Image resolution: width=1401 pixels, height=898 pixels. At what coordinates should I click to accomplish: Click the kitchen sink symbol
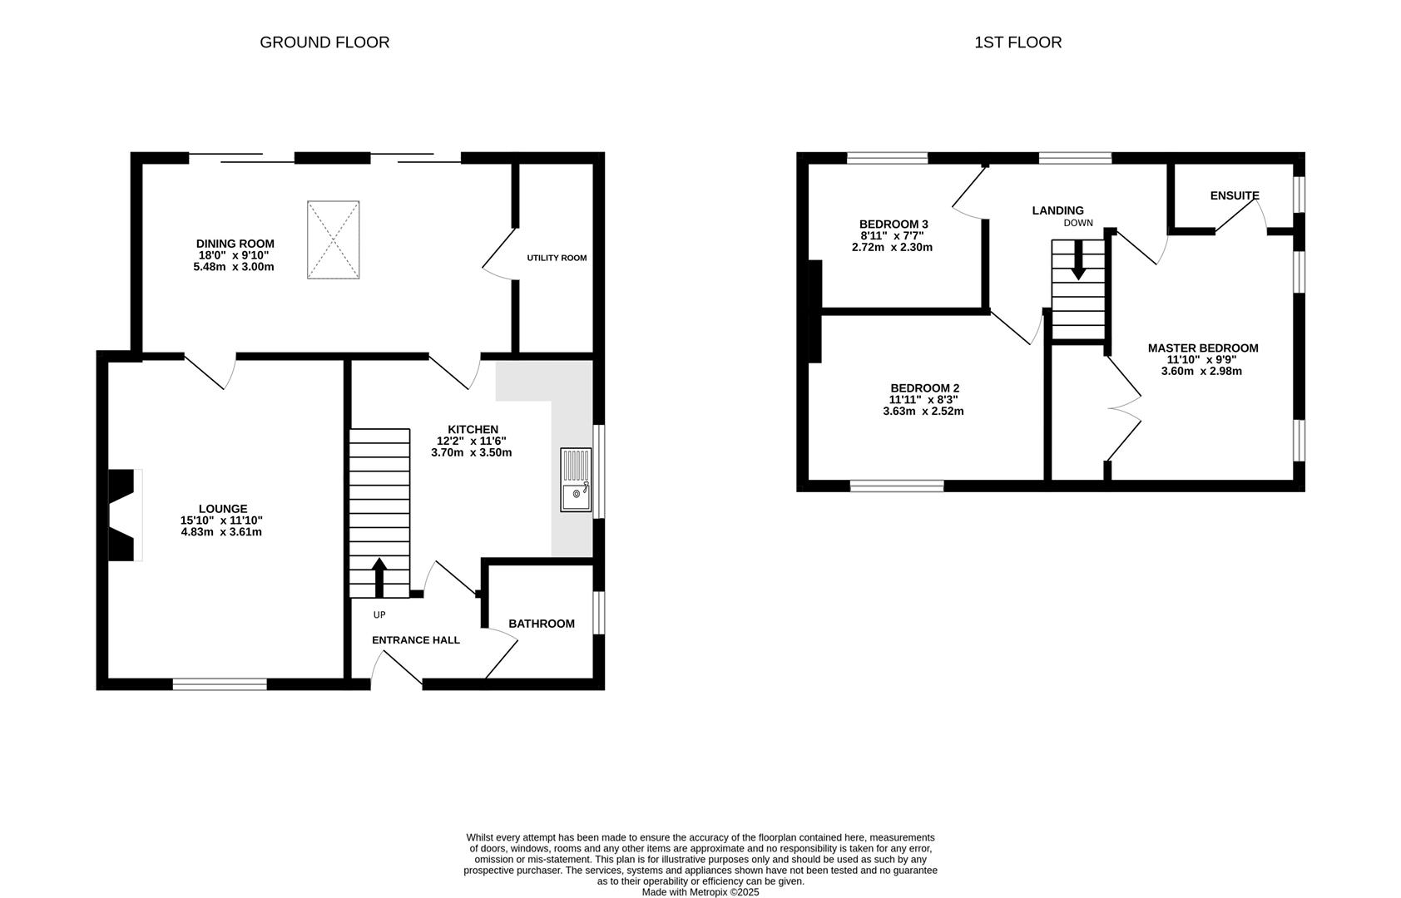[576, 479]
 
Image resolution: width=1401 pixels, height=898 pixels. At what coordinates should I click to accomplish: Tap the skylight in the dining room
[334, 239]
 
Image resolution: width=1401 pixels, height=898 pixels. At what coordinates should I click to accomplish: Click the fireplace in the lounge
[125, 515]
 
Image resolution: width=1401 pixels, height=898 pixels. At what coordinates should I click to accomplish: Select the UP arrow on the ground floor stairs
[379, 577]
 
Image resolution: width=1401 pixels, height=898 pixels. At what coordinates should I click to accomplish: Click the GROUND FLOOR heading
[324, 42]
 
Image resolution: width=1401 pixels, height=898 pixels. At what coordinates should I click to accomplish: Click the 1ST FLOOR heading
[1017, 42]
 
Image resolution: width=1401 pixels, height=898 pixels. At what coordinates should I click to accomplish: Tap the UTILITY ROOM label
[557, 258]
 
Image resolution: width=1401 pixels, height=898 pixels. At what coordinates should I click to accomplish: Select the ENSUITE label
[1235, 195]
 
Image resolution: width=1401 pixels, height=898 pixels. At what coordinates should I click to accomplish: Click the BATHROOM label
[542, 624]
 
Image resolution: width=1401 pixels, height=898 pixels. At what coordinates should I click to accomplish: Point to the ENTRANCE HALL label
[416, 640]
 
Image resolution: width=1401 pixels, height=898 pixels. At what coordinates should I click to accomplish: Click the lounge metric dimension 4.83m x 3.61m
[221, 532]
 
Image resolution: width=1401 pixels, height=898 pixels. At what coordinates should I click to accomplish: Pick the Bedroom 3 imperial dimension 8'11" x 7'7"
[893, 235]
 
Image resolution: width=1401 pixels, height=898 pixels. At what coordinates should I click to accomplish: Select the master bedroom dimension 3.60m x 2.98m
[1201, 371]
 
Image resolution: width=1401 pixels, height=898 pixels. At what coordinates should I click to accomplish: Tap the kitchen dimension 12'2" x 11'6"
[472, 441]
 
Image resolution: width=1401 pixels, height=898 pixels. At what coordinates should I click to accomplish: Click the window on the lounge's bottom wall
[220, 684]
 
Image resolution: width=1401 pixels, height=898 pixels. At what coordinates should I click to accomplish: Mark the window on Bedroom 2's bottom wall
[897, 486]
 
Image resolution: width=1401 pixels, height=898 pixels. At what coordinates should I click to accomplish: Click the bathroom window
[598, 613]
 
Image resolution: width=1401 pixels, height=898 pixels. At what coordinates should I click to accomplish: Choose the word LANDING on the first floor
[1057, 210]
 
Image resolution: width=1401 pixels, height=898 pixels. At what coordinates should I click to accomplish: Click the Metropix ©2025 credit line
[700, 892]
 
